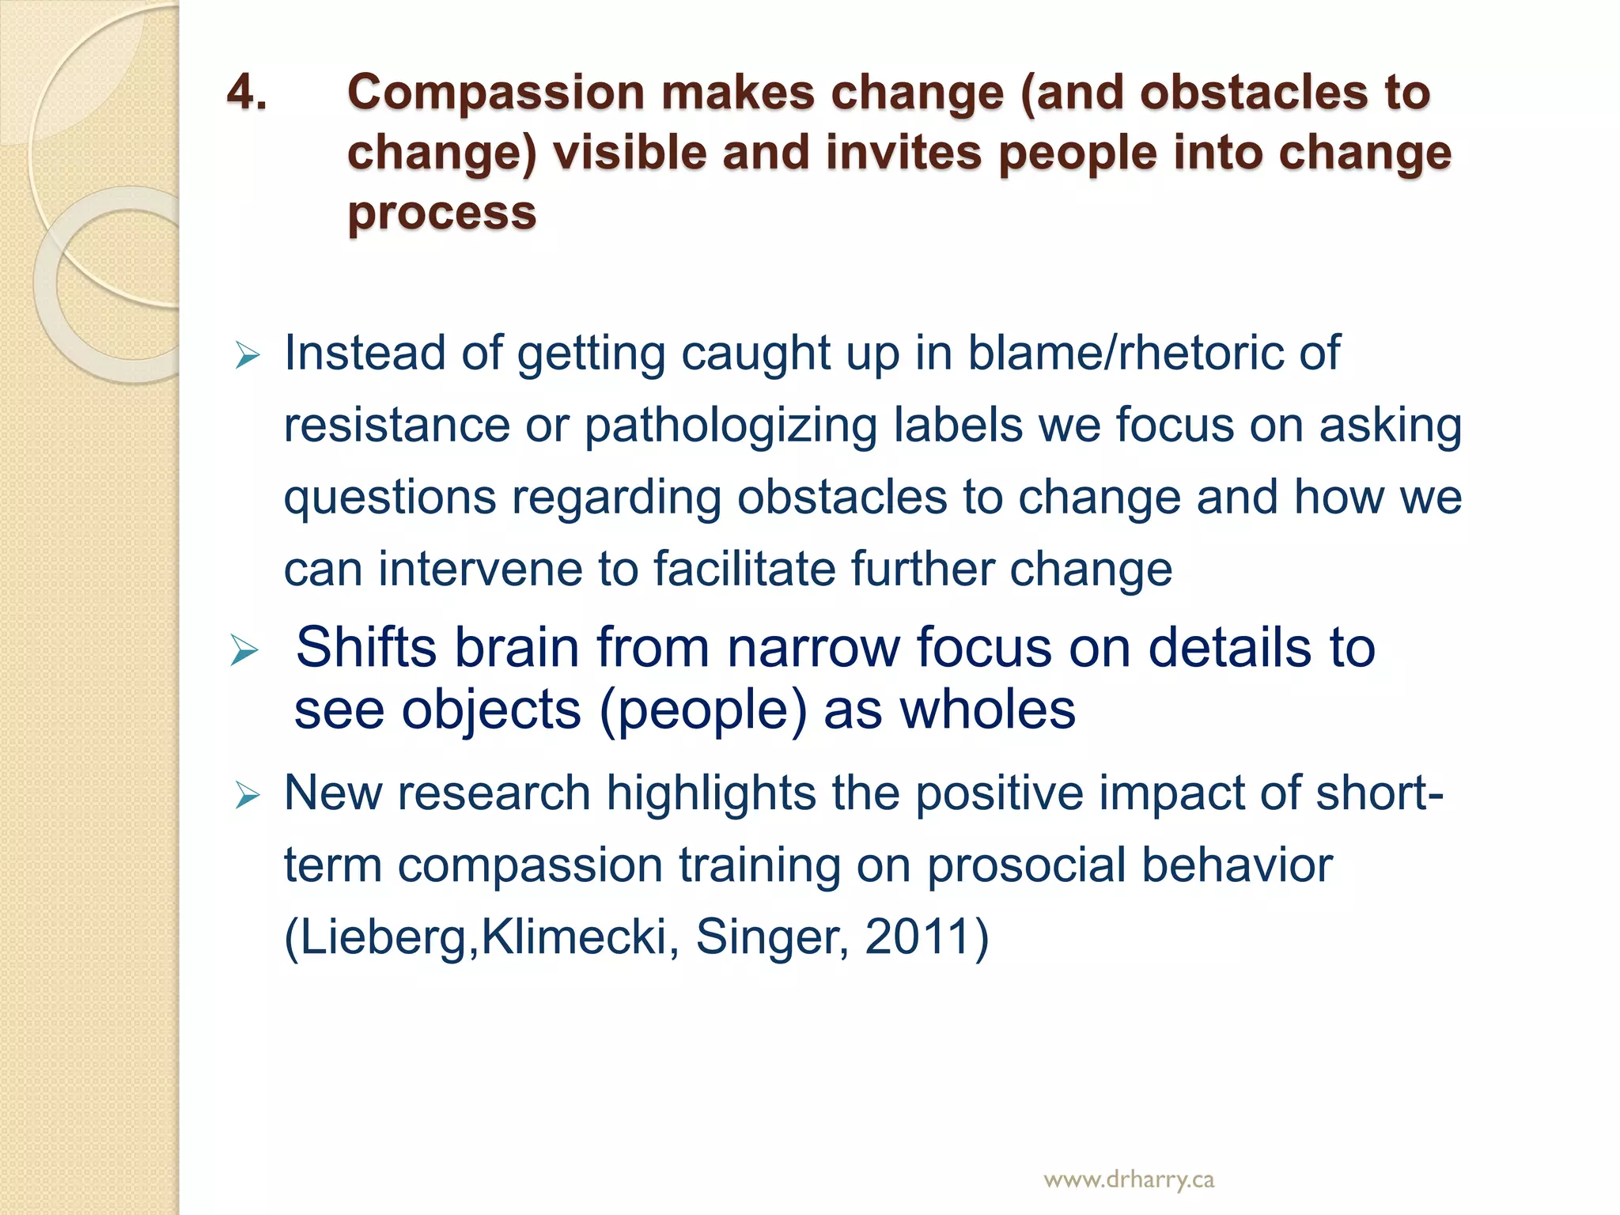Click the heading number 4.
click(x=246, y=93)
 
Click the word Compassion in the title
click(x=495, y=93)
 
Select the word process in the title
click(x=441, y=214)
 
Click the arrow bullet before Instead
click(x=248, y=356)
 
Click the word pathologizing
click(x=730, y=425)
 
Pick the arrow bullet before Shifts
click(x=244, y=651)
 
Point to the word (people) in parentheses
click(x=703, y=710)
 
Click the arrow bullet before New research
click(x=248, y=796)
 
